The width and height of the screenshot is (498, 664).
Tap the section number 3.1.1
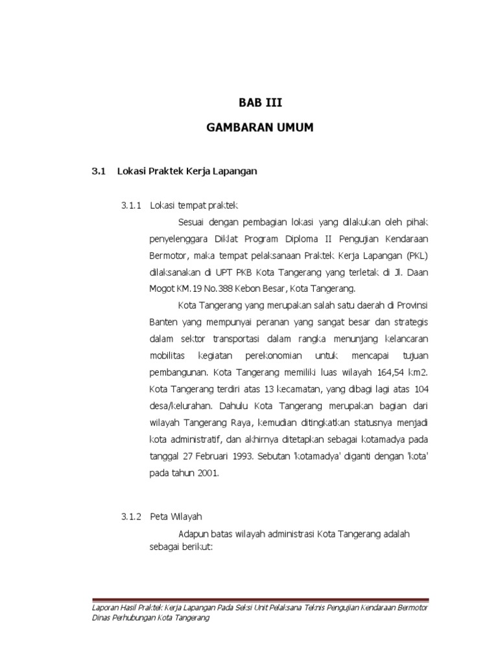[x=131, y=206]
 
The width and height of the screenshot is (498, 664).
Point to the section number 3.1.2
[x=132, y=516]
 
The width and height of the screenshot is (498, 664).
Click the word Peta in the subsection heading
[x=159, y=516]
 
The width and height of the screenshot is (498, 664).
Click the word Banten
[x=162, y=322]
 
